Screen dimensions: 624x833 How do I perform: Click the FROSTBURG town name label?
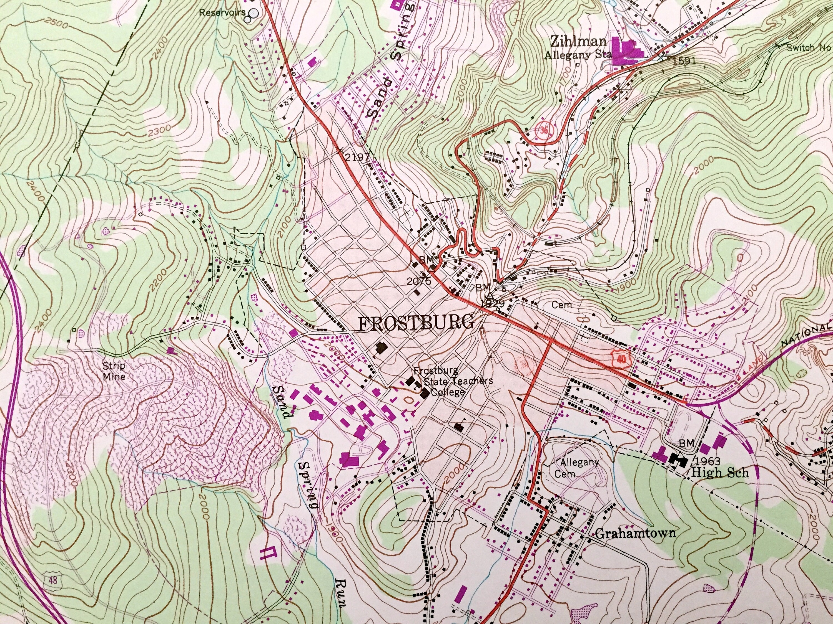point(415,323)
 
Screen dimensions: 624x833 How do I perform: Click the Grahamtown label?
point(635,533)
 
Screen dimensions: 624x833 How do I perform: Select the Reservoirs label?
point(222,13)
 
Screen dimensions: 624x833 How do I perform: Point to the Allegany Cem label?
point(574,467)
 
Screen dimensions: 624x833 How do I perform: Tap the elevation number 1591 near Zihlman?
point(684,60)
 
